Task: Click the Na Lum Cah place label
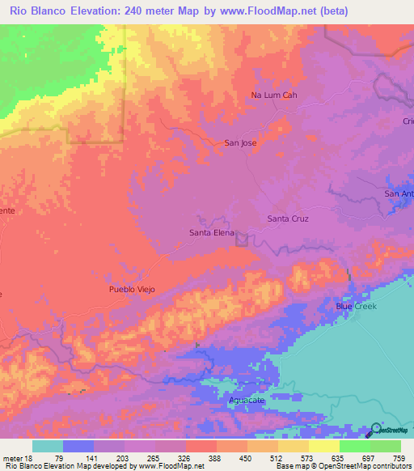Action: click(x=274, y=95)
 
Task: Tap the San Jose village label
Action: click(x=240, y=143)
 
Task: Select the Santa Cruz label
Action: click(x=288, y=219)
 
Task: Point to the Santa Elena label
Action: click(x=211, y=233)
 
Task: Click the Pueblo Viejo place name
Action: click(x=132, y=289)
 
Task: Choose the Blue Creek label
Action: click(x=356, y=307)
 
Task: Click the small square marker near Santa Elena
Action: click(x=241, y=238)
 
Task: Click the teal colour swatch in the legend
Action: click(x=48, y=446)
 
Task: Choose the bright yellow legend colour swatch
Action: click(x=323, y=446)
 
